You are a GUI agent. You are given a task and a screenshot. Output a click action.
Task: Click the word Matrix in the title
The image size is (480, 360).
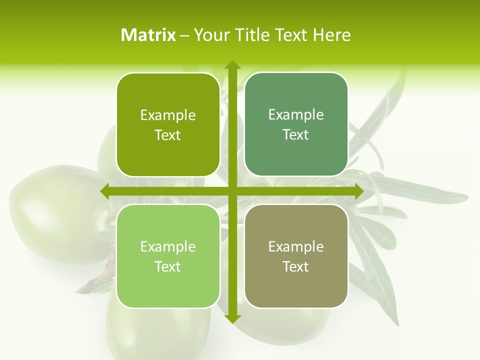[x=148, y=35]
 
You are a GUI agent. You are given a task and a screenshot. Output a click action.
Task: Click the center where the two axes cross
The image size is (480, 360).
[x=232, y=191]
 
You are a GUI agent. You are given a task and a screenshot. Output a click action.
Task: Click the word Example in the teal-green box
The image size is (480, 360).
[x=296, y=115]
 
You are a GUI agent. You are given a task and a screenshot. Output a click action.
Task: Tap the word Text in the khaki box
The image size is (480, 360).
[x=296, y=266]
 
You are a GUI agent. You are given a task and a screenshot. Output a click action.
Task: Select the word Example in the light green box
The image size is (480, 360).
[x=168, y=246]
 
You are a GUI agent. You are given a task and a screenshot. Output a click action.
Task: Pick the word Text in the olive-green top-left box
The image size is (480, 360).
[x=168, y=135]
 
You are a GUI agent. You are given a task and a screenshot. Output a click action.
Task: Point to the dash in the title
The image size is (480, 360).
[x=184, y=35]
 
